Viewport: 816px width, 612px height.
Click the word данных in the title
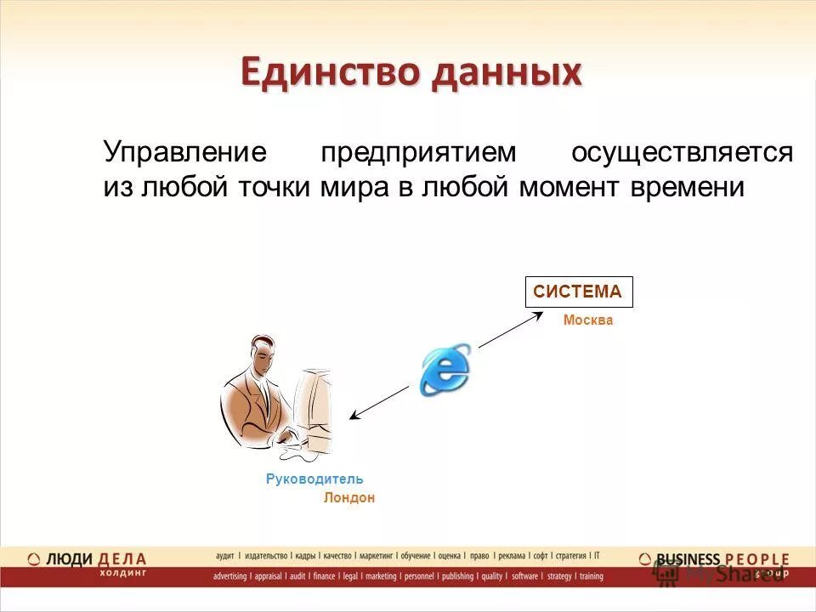507,73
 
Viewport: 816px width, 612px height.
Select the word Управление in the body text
185,153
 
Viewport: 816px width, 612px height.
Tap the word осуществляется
682,153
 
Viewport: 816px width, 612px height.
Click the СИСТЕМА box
578,292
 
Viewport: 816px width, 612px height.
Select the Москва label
587,320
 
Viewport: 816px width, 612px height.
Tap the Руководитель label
314,479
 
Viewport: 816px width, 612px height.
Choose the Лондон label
348,498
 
